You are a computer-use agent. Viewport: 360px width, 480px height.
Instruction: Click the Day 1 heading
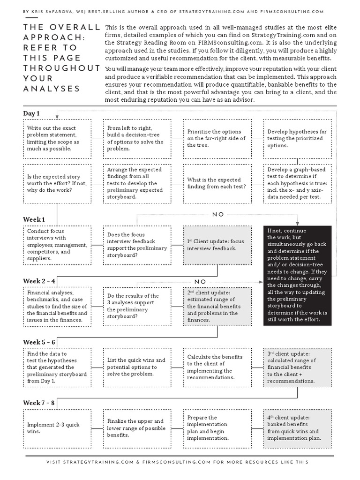point(31,113)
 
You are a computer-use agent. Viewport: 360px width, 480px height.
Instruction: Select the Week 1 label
point(34,219)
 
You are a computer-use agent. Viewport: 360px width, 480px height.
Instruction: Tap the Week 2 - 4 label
point(39,281)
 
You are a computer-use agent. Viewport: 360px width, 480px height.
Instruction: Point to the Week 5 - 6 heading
point(39,342)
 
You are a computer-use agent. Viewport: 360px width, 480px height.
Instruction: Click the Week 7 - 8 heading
point(39,403)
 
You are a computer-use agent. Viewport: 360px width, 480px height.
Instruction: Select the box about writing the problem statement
point(57,138)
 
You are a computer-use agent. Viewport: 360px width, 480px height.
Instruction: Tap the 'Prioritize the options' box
point(217,138)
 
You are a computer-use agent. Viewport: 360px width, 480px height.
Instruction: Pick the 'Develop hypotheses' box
point(297,138)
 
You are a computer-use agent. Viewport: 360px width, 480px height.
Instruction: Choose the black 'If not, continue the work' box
point(298,275)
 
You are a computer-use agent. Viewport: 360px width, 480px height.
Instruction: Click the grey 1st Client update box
point(217,245)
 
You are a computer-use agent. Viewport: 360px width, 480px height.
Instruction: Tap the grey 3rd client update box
point(297,367)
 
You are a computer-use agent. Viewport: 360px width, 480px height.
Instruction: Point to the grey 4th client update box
point(297,428)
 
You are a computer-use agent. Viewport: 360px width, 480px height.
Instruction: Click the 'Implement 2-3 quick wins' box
point(57,428)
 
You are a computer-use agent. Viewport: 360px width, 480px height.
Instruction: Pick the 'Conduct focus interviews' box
point(57,245)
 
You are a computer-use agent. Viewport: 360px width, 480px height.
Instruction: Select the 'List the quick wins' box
point(136,367)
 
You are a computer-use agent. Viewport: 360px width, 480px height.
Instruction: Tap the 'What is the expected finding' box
point(217,183)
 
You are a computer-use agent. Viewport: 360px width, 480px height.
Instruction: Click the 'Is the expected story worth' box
point(57,183)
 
